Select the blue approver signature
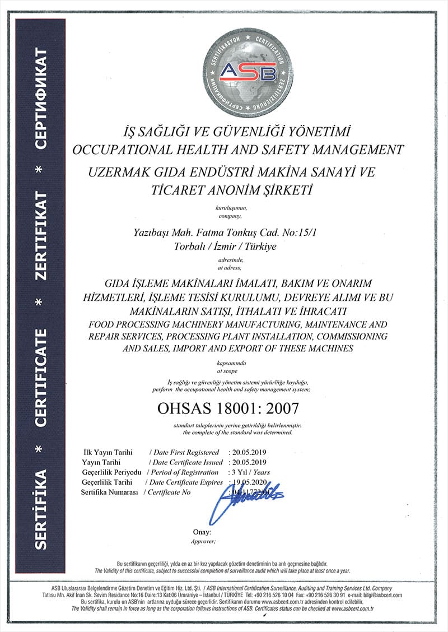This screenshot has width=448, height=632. [246, 502]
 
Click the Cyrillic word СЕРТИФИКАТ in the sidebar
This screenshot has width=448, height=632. [40, 99]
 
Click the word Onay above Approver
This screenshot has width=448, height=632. [202, 532]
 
